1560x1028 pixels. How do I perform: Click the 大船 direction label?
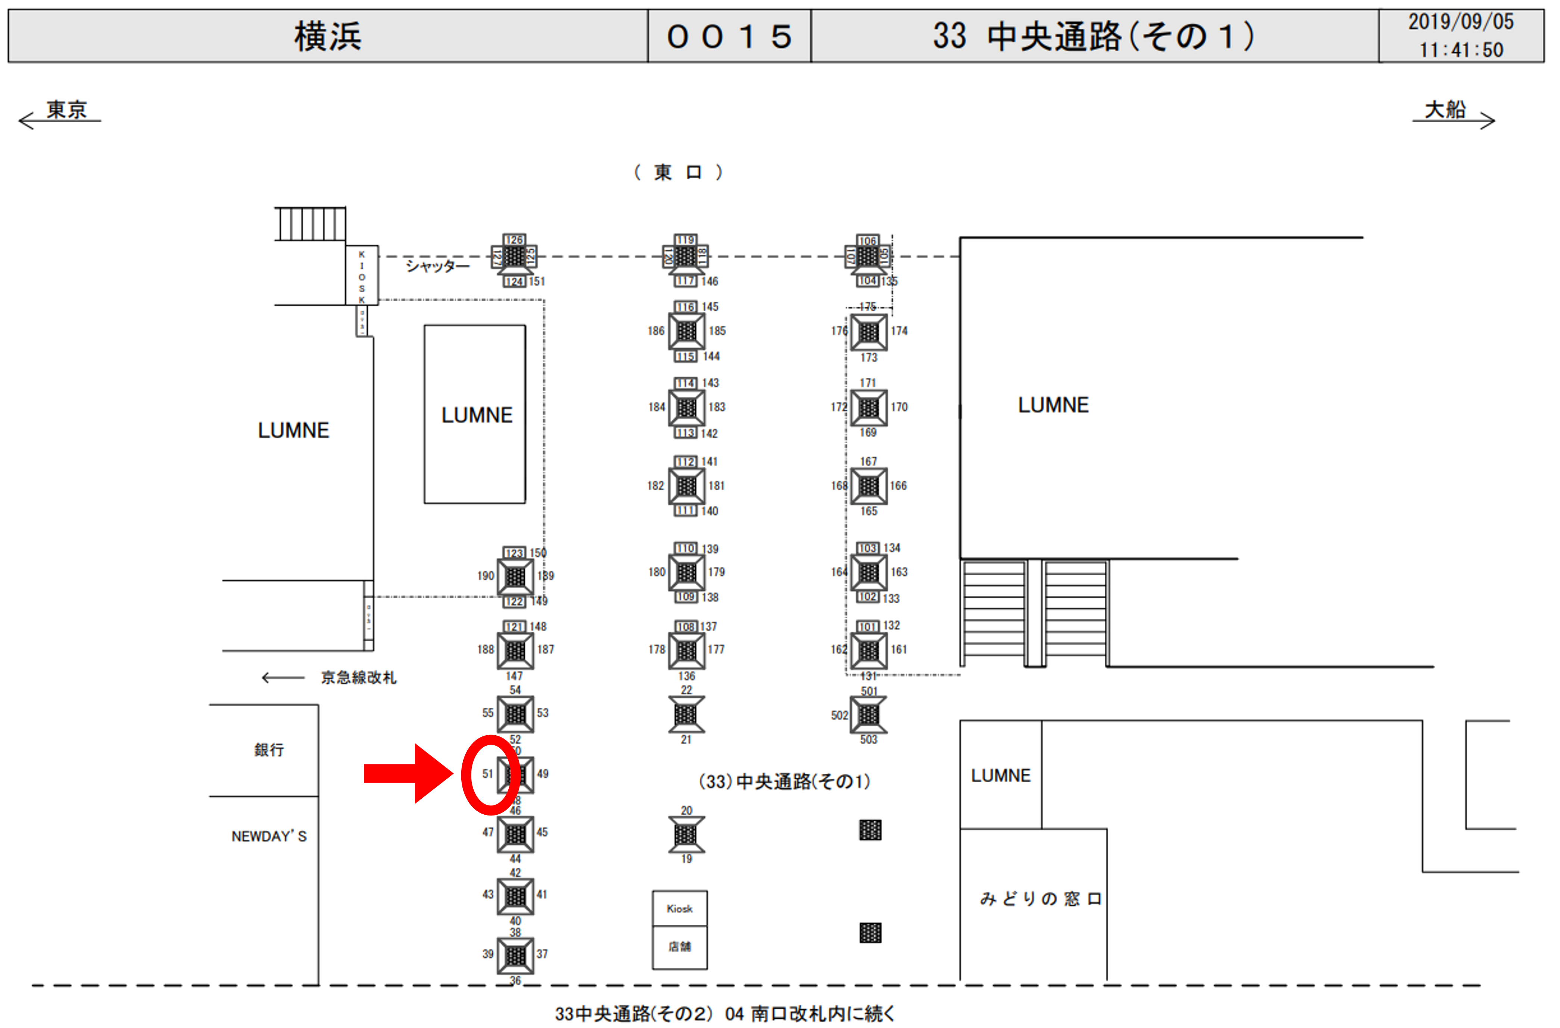click(x=1445, y=110)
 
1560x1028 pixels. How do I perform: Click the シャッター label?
click(x=437, y=265)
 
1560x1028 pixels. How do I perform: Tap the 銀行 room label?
click(x=269, y=750)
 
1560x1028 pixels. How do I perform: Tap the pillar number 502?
click(x=839, y=715)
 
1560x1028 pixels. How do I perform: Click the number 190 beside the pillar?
click(x=486, y=576)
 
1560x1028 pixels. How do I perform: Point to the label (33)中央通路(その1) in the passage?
click(x=784, y=782)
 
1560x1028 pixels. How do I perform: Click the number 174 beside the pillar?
click(x=899, y=331)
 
